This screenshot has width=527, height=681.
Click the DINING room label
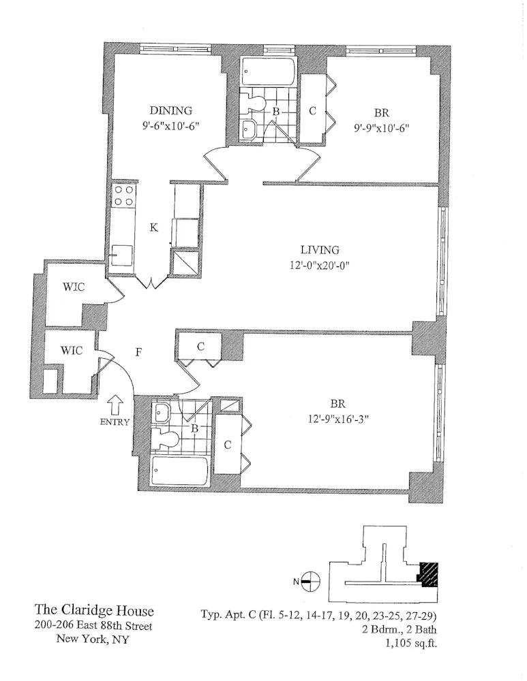pos(171,111)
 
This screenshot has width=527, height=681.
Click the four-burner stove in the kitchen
pos(123,196)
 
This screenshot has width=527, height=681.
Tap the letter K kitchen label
pos(154,228)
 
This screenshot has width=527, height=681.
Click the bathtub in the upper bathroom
pos(268,71)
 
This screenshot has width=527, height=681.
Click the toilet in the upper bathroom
pos(256,103)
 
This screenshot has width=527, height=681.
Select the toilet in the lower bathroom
pos(166,439)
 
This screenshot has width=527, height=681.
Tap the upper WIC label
pos(73,287)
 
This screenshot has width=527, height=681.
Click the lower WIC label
pos(72,351)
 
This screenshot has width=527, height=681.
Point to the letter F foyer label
pos(139,353)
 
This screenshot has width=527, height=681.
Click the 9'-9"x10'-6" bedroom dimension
pos(381,127)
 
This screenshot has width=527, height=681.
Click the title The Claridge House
pos(93,611)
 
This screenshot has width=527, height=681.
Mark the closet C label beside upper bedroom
pos(312,111)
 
